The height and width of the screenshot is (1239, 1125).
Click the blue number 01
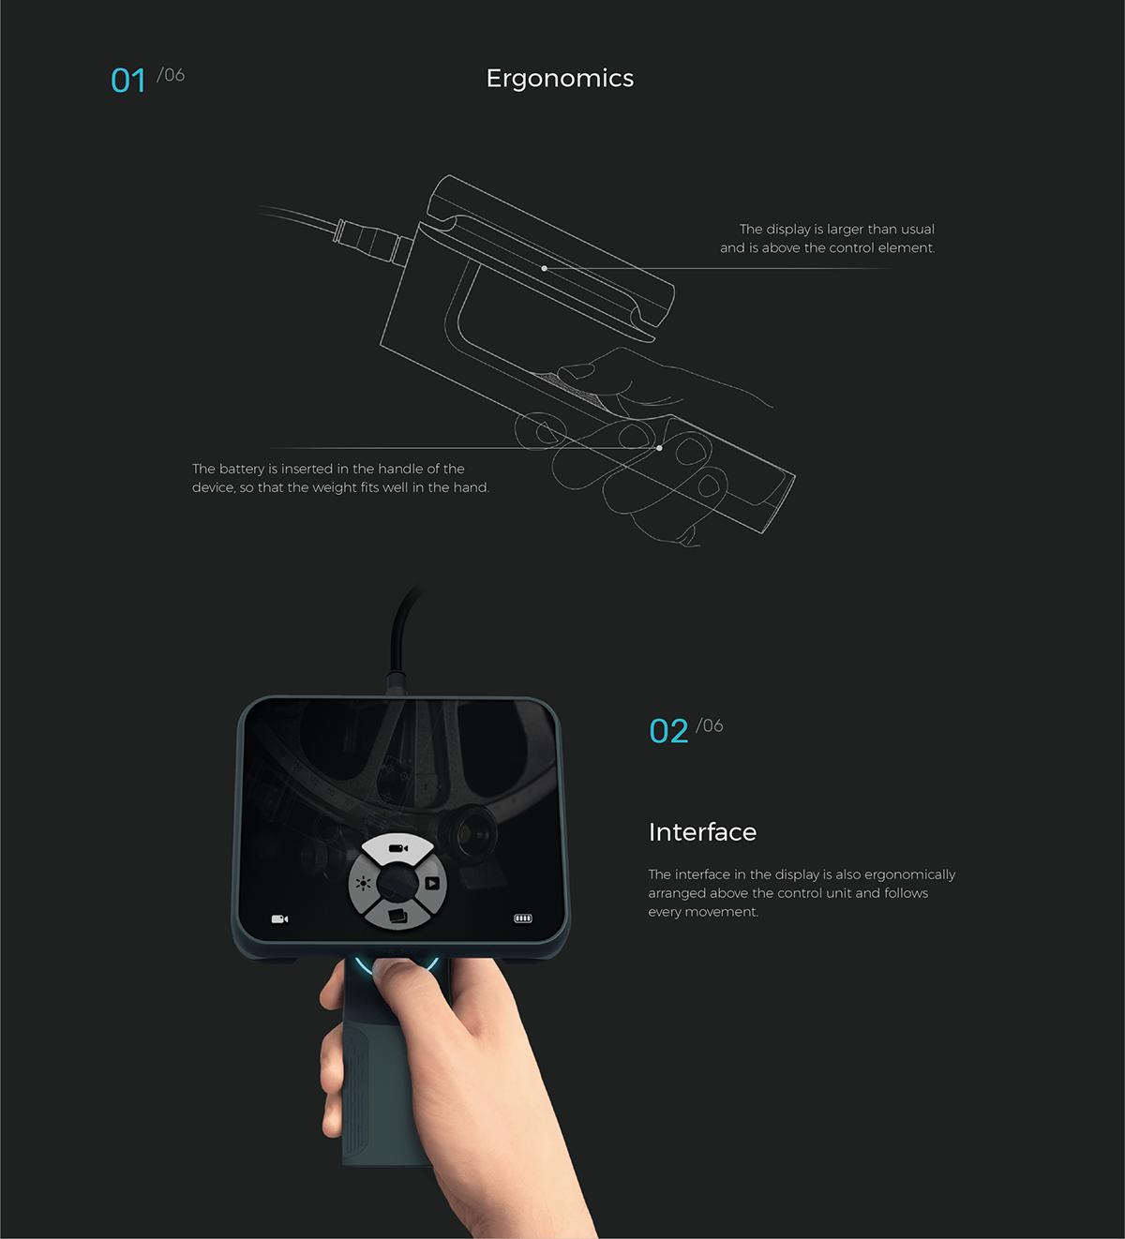tap(128, 81)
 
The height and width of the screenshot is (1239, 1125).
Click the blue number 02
tap(668, 732)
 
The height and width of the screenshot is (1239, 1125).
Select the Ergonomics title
tap(560, 79)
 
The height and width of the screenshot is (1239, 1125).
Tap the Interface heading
tap(702, 832)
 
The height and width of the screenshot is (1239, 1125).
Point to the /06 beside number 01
tap(171, 75)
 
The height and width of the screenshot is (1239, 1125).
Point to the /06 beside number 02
tap(710, 726)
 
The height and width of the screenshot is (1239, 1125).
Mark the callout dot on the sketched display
tap(545, 269)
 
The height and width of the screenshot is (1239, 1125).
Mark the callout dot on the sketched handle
tap(659, 448)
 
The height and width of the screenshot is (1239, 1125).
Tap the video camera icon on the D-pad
tap(398, 848)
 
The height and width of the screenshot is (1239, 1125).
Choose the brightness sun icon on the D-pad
tap(363, 883)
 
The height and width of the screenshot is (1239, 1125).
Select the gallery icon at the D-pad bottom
tap(397, 916)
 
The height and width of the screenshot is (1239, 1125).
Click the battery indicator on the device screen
tap(523, 918)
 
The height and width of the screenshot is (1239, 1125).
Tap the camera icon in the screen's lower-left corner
tap(279, 919)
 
